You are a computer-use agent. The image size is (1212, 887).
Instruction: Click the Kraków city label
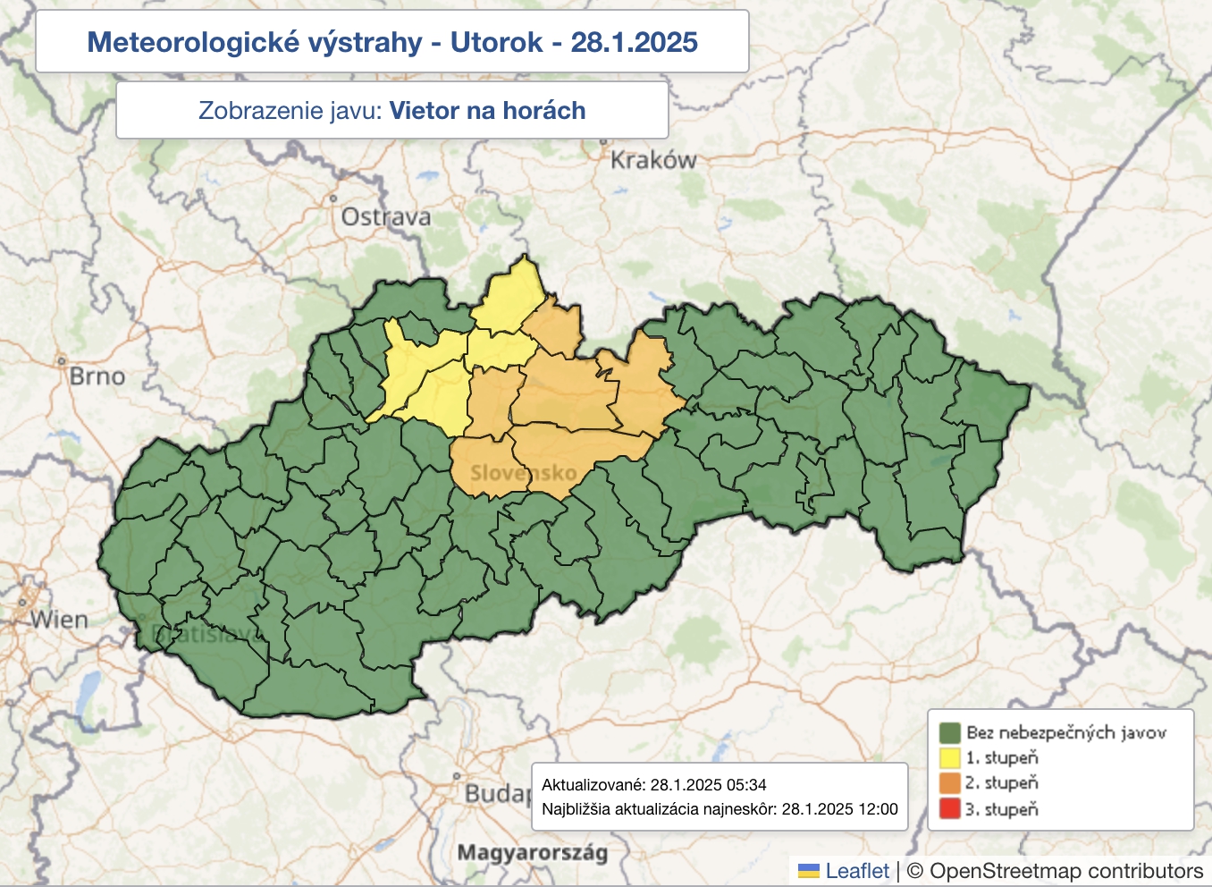point(652,160)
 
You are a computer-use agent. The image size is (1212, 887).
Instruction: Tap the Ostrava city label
point(386,216)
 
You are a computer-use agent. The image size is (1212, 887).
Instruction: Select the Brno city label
point(97,376)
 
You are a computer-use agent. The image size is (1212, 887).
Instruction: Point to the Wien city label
point(59,620)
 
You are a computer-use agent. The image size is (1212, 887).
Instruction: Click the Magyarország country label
point(532,852)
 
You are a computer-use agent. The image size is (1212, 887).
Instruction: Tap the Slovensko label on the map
point(523,472)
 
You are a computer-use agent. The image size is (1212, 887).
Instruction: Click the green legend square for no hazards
point(949,733)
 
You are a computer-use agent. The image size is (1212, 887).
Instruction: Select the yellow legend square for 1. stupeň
point(949,758)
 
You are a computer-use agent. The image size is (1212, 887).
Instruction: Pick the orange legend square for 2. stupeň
point(949,783)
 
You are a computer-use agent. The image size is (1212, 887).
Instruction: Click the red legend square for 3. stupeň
point(949,809)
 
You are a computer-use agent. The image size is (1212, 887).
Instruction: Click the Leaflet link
point(856,871)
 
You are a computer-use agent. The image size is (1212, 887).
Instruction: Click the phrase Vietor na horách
point(487,111)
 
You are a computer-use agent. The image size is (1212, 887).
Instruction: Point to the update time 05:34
point(746,785)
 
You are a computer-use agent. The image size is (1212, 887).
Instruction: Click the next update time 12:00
point(878,809)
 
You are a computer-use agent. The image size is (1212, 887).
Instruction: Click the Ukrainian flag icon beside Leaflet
point(808,871)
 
